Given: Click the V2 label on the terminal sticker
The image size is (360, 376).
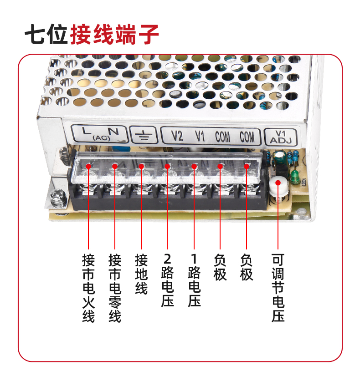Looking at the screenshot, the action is pyautogui.click(x=177, y=136).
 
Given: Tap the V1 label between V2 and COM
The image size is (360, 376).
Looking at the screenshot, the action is pyautogui.click(x=200, y=136).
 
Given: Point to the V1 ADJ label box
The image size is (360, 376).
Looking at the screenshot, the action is pyautogui.click(x=281, y=137).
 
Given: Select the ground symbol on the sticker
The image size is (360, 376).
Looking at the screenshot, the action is pyautogui.click(x=143, y=135).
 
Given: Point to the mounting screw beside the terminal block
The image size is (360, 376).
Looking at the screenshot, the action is pyautogui.click(x=58, y=198).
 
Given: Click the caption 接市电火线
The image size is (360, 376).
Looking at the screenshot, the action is pyautogui.click(x=88, y=288).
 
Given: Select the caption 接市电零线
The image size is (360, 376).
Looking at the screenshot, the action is pyautogui.click(x=115, y=288).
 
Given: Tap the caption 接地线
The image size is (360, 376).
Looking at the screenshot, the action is pyautogui.click(x=141, y=274).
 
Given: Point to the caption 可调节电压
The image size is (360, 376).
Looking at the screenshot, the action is pyautogui.click(x=278, y=288).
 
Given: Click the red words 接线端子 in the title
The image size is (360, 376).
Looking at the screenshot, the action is pyautogui.click(x=114, y=35).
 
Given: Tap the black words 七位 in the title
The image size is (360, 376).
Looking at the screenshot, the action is pyautogui.click(x=46, y=35).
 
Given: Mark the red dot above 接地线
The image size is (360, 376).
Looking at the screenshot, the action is pyautogui.click(x=141, y=166).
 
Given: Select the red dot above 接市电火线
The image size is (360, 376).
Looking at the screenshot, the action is pyautogui.click(x=88, y=166).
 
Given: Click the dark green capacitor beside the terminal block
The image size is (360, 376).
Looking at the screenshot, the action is pyautogui.click(x=279, y=158).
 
